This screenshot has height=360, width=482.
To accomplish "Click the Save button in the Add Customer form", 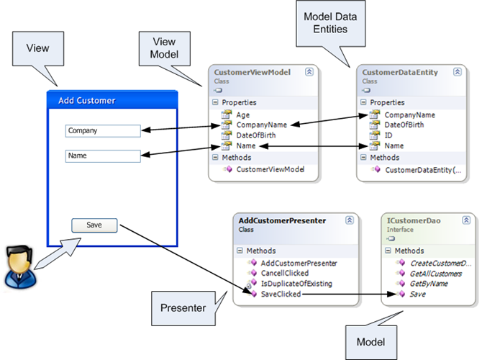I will pos(94,225).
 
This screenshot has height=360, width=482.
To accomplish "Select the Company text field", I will pos(102,131).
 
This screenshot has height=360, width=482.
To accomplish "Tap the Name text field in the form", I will pos(102,156).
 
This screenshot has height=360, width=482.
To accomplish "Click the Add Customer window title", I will pos(86,101).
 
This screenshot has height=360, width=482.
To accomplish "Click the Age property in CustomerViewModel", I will pos(242,114).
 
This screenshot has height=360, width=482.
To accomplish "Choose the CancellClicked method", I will pos(285,274).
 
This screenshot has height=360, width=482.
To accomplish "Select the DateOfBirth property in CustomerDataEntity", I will pos(404,125).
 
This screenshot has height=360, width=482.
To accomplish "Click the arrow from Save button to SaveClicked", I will pos(180,259).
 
